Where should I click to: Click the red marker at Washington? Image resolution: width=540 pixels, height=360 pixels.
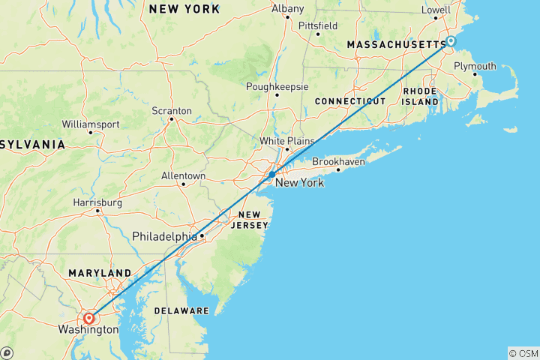point(89,318)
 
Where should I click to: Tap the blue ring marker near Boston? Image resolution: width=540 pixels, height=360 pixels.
point(451,41)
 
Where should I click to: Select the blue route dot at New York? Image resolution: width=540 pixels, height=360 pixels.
point(271,174)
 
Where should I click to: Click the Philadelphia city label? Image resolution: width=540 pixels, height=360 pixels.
point(164,236)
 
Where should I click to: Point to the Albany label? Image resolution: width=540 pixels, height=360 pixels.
point(288,9)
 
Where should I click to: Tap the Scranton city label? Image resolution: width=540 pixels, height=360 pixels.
point(172,110)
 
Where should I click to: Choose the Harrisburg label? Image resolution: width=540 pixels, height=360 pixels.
point(97,202)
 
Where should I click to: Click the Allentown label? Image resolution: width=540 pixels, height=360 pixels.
point(183,175)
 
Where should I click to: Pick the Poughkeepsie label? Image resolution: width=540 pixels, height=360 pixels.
point(277,86)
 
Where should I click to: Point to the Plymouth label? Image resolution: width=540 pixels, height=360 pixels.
point(475,66)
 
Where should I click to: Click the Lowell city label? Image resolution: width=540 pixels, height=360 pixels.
point(436,10)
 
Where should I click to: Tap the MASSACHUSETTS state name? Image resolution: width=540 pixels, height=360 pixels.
point(395,46)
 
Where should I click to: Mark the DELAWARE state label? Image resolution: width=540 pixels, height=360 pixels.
point(182,310)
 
